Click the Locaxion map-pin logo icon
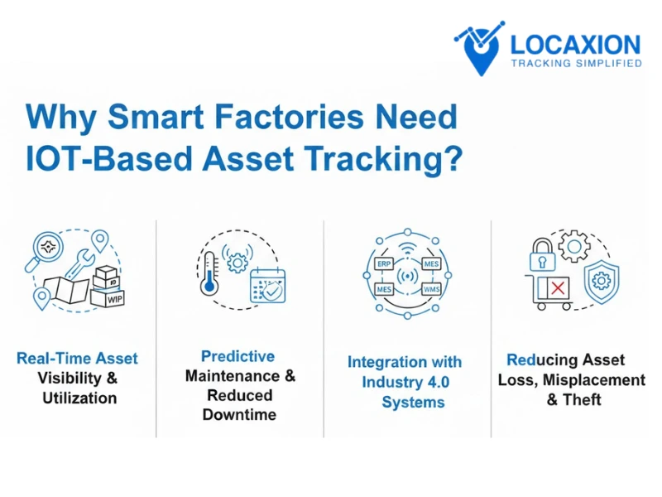coord(480,47)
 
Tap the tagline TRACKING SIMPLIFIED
coord(577,64)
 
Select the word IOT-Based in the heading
coord(107,157)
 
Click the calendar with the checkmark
coord(267,285)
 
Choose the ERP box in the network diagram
coord(384,263)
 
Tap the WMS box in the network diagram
coord(430,289)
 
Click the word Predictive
coord(238,357)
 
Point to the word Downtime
coord(239,414)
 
